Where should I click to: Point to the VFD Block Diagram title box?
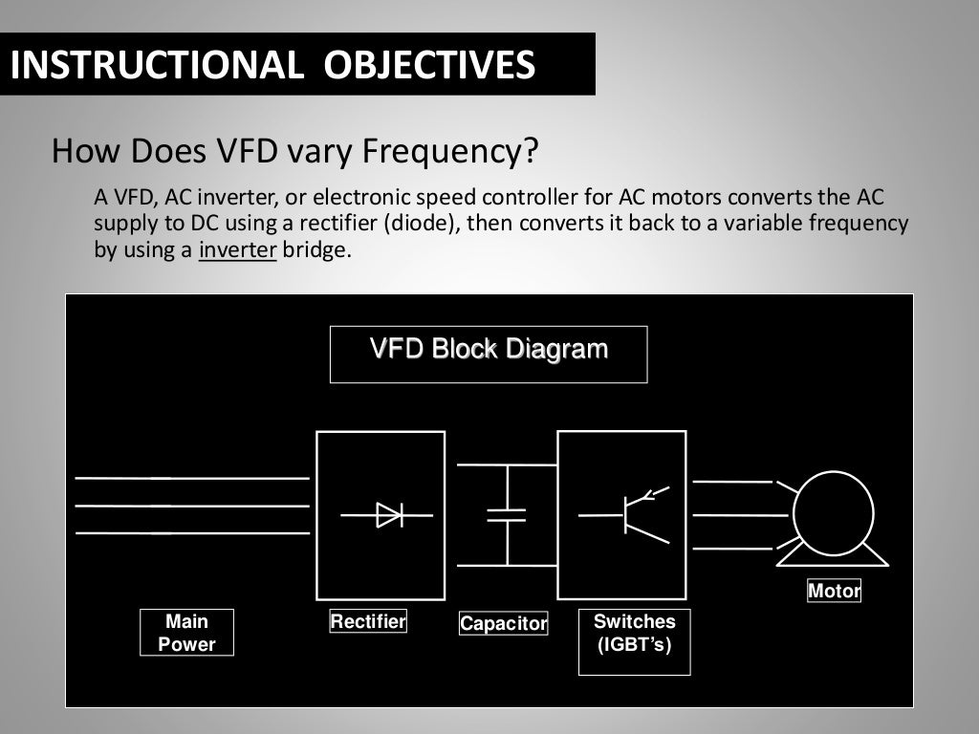pyautogui.click(x=489, y=354)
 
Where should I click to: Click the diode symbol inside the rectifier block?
pyautogui.click(x=388, y=516)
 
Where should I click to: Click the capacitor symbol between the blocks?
pyautogui.click(x=507, y=516)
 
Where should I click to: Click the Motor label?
pyautogui.click(x=834, y=591)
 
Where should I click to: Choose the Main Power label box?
pyautogui.click(x=186, y=633)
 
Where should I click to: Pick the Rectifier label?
pyautogui.click(x=368, y=621)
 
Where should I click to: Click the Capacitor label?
pyautogui.click(x=503, y=624)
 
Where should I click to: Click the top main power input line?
pyautogui.click(x=191, y=477)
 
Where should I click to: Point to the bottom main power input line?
pyautogui.click(x=191, y=533)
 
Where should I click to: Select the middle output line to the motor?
pyautogui.click(x=731, y=516)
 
